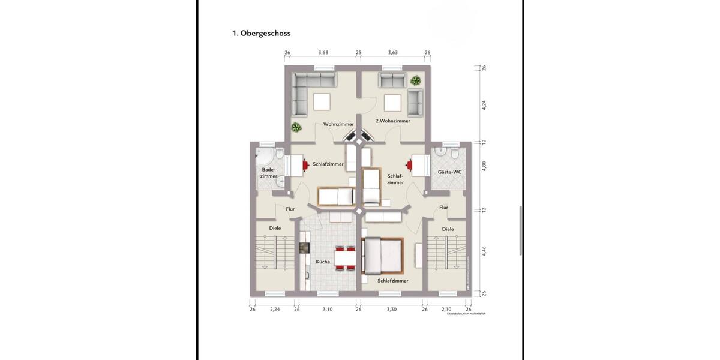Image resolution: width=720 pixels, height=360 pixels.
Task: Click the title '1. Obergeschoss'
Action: pyautogui.click(x=261, y=34)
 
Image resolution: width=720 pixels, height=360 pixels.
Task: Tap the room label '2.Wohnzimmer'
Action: pyautogui.click(x=392, y=121)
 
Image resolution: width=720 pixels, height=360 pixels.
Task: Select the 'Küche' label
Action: pyautogui.click(x=323, y=262)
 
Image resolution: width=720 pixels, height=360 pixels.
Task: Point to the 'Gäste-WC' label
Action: pyautogui.click(x=449, y=172)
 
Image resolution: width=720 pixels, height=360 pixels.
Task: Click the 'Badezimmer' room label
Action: pyautogui.click(x=269, y=173)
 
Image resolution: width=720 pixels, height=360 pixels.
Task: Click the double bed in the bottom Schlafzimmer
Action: pyautogui.click(x=381, y=255)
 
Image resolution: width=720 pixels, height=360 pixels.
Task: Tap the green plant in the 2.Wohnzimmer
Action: pyautogui.click(x=415, y=80)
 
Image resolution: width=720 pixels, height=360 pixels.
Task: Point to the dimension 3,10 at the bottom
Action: pyautogui.click(x=327, y=309)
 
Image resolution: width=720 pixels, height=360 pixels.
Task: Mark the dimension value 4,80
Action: pyautogui.click(x=484, y=166)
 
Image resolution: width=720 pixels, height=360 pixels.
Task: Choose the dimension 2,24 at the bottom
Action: pyautogui.click(x=275, y=309)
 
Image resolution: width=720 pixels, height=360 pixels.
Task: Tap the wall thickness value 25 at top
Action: pyautogui.click(x=358, y=53)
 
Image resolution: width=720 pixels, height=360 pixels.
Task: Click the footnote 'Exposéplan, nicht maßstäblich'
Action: pyautogui.click(x=466, y=314)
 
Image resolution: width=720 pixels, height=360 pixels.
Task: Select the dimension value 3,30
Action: pyautogui.click(x=391, y=309)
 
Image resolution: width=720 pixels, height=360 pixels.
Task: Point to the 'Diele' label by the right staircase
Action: pyautogui.click(x=448, y=229)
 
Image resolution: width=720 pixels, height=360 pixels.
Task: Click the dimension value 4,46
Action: pyautogui.click(x=484, y=251)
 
